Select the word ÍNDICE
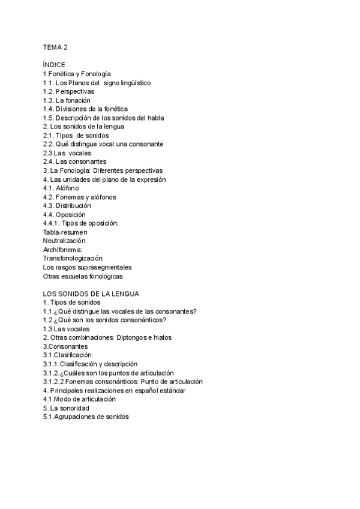pyautogui.click(x=54, y=65)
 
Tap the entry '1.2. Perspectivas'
pyautogui.click(x=69, y=91)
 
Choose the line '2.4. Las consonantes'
pyautogui.click(x=74, y=161)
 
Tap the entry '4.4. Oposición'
pyautogui.click(x=64, y=214)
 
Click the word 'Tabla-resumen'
pyautogui.click(x=65, y=232)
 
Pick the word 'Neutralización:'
pyautogui.click(x=65, y=240)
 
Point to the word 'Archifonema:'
pyautogui.click(x=62, y=249)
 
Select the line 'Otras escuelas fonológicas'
pyautogui.click(x=83, y=276)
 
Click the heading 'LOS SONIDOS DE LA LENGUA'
pyautogui.click(x=91, y=294)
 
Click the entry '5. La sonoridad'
pyautogui.click(x=67, y=408)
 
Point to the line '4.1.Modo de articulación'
pyautogui.click(x=79, y=399)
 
